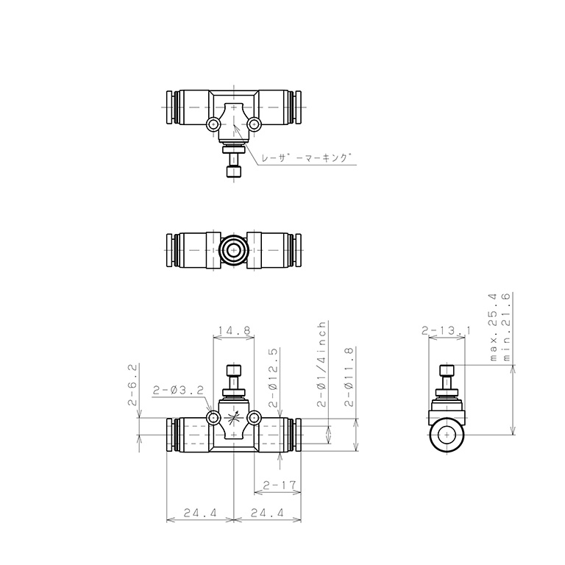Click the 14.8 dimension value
click(x=234, y=330)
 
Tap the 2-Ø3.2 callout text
click(x=178, y=390)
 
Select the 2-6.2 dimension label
click(x=132, y=385)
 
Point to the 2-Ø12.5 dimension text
click(x=273, y=377)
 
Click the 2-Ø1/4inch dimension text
click(x=321, y=364)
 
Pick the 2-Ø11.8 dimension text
click(x=349, y=377)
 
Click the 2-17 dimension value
click(x=280, y=485)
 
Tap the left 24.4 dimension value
click(x=200, y=512)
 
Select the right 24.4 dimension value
click(x=267, y=512)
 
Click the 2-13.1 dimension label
click(x=446, y=330)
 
